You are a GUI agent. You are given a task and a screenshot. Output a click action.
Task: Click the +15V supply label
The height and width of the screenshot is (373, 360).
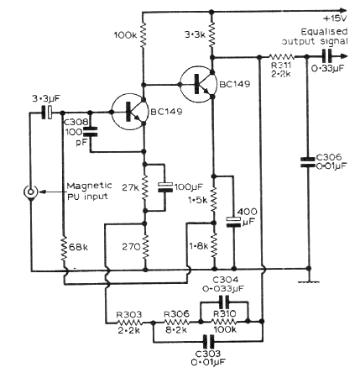coord(335,18)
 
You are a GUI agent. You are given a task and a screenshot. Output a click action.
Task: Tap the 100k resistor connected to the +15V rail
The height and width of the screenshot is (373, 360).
coord(143,34)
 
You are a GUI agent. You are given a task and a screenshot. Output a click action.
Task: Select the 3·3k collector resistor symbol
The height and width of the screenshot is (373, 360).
coord(212,34)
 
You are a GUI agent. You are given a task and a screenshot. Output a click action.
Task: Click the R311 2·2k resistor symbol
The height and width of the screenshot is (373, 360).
coord(282,57)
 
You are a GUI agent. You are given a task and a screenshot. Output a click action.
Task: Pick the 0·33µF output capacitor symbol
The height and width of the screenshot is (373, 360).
coord(326,56)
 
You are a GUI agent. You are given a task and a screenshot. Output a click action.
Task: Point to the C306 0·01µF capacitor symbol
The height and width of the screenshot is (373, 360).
coord(309,162)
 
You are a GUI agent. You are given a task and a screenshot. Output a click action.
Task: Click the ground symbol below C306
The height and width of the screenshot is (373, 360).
coord(309,281)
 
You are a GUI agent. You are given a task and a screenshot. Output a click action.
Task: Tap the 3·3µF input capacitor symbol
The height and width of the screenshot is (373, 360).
coord(47,113)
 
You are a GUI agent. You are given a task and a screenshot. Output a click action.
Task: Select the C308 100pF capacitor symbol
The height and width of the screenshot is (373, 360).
coord(90,132)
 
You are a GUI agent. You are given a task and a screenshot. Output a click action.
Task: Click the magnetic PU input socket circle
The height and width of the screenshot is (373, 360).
coord(30,192)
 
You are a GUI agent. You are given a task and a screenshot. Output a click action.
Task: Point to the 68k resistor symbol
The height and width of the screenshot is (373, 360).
coord(64,248)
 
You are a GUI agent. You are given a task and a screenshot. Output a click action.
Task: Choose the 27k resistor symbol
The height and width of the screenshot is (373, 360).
coord(145,186)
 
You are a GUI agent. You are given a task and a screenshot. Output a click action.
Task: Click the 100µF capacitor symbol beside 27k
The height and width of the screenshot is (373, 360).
coord(164,186)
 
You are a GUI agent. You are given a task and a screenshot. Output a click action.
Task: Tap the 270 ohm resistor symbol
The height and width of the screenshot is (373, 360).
coord(145,247)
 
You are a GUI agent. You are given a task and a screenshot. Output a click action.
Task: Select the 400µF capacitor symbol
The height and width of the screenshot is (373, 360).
coord(233,222)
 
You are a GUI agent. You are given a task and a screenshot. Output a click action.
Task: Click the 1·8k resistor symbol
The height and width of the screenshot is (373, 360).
coord(214,245)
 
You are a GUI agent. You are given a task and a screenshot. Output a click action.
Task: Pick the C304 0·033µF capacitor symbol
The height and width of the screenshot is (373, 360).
coord(224,302)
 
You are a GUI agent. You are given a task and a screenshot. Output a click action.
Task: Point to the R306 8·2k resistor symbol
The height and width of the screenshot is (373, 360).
coord(177,323)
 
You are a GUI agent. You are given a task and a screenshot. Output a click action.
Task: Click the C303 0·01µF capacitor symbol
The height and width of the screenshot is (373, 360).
coord(209,342)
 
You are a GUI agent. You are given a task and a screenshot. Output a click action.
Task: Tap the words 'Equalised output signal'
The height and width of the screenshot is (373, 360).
coord(315,36)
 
